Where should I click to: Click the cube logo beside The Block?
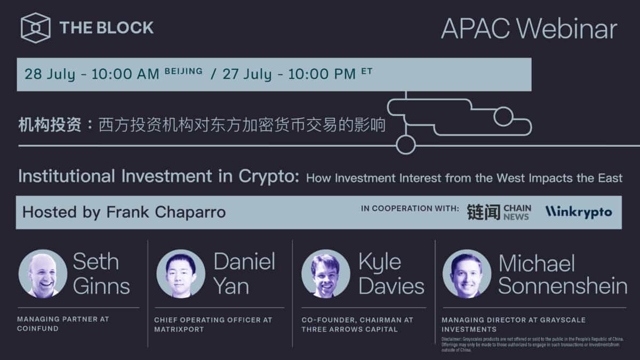[x=36, y=27]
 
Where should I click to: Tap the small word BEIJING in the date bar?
[x=183, y=71]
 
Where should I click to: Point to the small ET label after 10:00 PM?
[x=366, y=71]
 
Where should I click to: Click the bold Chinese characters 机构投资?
[x=50, y=125]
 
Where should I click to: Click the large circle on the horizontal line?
[x=405, y=145]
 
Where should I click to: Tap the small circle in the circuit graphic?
[x=502, y=116]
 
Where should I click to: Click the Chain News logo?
[x=499, y=212]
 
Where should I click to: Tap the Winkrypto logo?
[x=578, y=212]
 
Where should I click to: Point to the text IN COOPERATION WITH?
[x=410, y=209]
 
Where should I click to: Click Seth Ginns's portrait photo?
[x=43, y=274]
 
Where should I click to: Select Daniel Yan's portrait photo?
[x=180, y=274]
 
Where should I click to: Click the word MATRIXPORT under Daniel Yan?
[x=179, y=329]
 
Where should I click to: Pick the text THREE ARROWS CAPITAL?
[x=349, y=329]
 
